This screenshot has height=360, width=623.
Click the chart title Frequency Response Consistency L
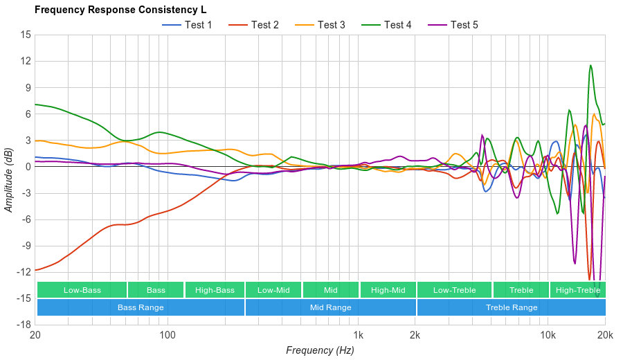point(120,10)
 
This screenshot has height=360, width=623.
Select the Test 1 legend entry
point(188,25)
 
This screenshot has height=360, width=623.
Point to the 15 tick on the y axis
point(26,35)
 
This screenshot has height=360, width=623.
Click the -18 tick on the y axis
point(24,325)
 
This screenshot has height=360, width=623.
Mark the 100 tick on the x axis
point(168,334)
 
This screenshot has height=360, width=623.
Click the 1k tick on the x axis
point(358,334)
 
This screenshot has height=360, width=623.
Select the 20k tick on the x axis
point(604,334)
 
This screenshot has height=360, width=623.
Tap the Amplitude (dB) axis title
point(9,179)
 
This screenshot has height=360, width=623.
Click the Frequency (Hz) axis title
point(320,350)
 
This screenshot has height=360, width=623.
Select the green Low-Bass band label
point(82,290)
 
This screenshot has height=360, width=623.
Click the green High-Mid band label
point(388,290)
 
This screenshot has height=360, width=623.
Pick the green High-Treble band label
point(577,290)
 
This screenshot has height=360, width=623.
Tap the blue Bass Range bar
point(141,307)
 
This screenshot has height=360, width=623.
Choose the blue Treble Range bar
point(511,307)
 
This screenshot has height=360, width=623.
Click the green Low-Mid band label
point(273,290)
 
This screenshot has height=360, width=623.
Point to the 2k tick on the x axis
point(415,334)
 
